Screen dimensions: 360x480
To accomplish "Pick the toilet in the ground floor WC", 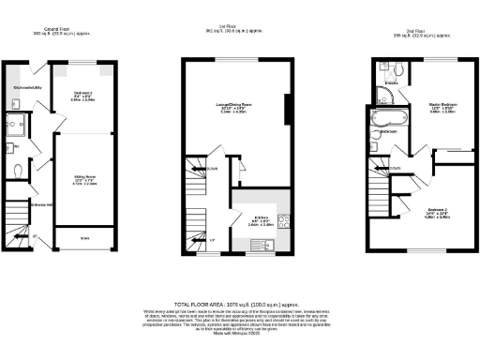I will (x=19, y=172).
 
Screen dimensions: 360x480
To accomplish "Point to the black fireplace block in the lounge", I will (x=288, y=109).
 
